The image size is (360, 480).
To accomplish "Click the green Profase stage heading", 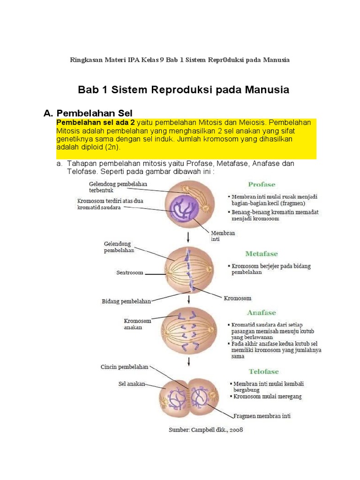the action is click(x=262, y=184).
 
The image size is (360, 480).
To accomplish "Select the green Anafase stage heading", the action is click(x=262, y=313).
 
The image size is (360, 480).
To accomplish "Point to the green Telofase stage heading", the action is click(x=263, y=371).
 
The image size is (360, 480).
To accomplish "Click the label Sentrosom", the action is click(x=130, y=272).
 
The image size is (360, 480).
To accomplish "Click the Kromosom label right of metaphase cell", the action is click(x=237, y=298).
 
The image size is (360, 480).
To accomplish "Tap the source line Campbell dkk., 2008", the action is click(x=206, y=429).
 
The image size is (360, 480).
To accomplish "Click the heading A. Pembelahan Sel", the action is click(x=88, y=113).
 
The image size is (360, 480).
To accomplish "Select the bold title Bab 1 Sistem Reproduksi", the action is click(x=183, y=90).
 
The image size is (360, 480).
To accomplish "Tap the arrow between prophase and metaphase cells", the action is click(x=188, y=235).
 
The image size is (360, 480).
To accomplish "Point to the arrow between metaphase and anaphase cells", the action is click(x=188, y=299).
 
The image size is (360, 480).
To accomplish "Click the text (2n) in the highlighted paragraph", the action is click(x=112, y=147).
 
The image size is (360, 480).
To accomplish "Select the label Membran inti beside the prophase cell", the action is click(x=223, y=236).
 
